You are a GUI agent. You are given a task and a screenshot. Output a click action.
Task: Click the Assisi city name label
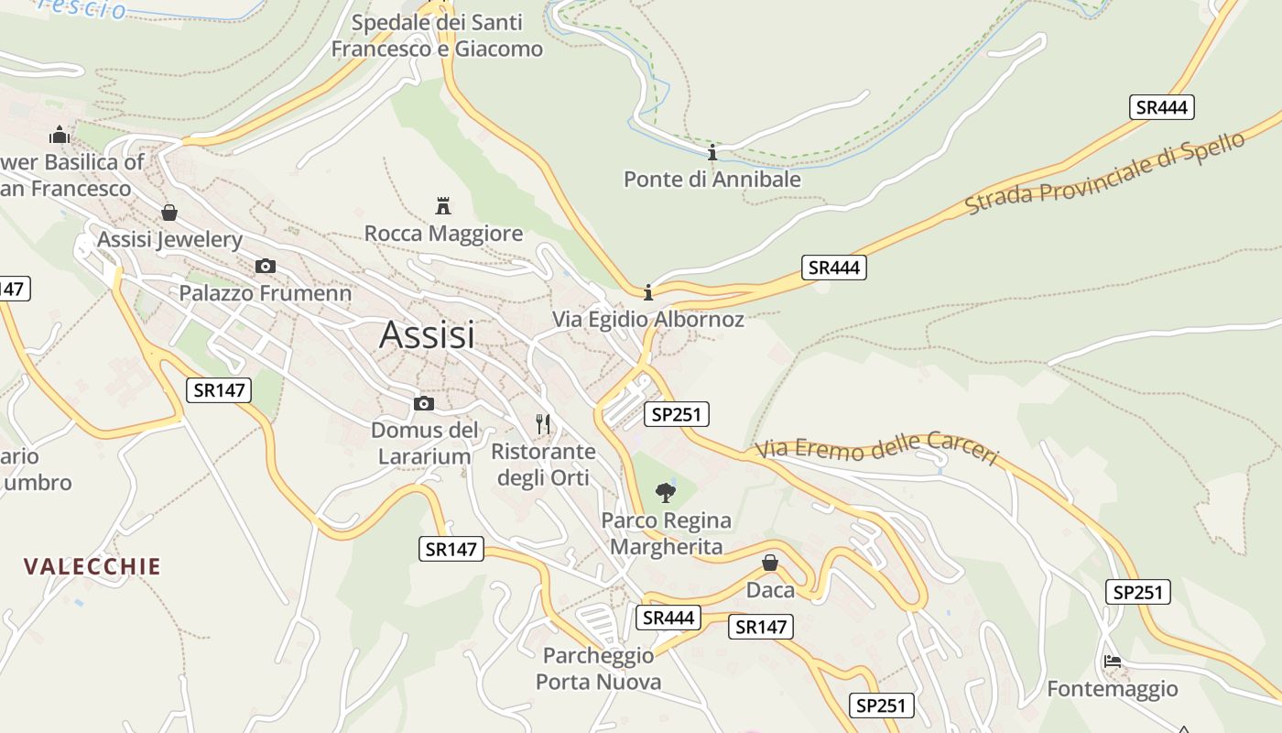click(x=427, y=334)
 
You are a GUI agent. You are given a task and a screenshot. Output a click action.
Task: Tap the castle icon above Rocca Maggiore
click(x=443, y=205)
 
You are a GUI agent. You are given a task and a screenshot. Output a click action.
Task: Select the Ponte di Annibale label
click(x=712, y=180)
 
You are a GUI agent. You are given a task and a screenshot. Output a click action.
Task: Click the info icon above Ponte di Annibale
click(x=712, y=152)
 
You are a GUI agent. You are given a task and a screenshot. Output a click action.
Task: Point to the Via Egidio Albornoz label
click(x=647, y=320)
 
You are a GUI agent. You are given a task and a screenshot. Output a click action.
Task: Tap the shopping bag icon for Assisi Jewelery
click(x=169, y=213)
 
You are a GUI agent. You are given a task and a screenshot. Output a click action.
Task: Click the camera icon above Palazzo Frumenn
click(x=266, y=267)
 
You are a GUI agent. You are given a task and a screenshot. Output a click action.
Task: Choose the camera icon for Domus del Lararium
click(x=424, y=403)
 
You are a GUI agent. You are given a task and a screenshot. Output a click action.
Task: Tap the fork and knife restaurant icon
click(x=544, y=423)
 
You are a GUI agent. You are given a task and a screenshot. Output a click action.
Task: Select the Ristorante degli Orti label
click(x=543, y=465)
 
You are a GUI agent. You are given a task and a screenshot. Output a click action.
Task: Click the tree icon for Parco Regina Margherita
click(x=666, y=493)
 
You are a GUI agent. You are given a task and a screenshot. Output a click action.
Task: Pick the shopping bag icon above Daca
click(x=770, y=563)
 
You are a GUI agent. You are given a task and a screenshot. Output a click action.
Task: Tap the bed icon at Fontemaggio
click(x=1113, y=661)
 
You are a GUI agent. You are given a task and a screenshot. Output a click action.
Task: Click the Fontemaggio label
click(x=1112, y=689)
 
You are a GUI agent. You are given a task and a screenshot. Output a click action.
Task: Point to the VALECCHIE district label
click(x=92, y=566)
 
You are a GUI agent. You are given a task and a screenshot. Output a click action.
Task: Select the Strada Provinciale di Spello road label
click(x=1105, y=174)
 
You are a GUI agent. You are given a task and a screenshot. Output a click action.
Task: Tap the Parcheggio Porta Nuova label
click(x=598, y=669)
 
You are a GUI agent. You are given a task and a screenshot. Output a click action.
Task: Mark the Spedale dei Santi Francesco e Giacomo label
click(x=437, y=36)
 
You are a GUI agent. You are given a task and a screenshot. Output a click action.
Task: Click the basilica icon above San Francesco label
click(x=60, y=136)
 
